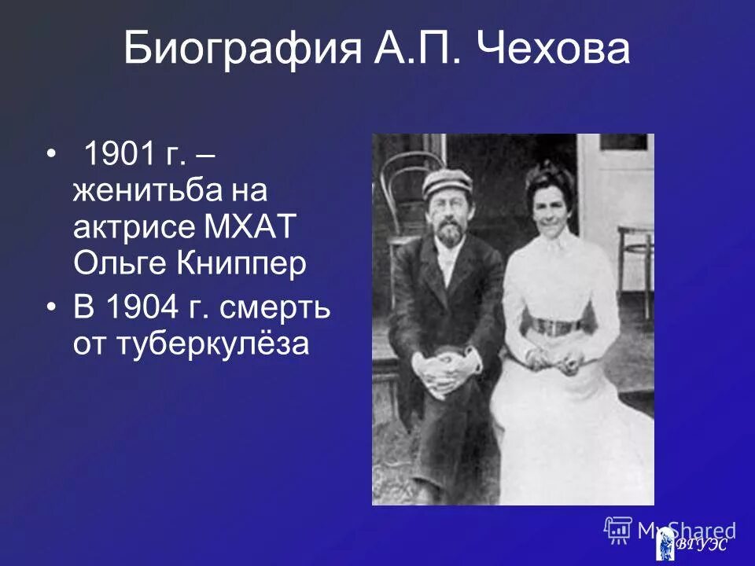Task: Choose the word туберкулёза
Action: point(191,344)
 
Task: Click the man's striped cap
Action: point(447,182)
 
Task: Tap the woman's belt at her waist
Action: point(556,325)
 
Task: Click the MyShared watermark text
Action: point(686,530)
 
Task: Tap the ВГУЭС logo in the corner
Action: point(691,545)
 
